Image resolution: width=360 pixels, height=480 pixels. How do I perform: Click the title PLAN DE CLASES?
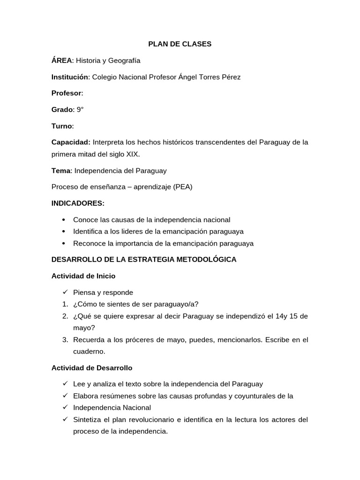click(180, 44)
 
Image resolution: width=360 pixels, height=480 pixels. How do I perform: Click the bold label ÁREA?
click(62, 60)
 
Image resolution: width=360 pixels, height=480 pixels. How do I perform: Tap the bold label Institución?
click(70, 77)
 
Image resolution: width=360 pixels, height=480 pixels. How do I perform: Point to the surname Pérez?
click(229, 77)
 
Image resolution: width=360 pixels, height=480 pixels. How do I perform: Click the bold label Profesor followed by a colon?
click(67, 93)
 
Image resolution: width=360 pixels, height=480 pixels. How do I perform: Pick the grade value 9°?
click(80, 110)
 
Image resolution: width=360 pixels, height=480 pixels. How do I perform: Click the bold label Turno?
click(62, 126)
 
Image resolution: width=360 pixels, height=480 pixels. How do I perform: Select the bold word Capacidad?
click(70, 142)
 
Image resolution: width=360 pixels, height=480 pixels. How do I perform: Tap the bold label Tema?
click(60, 170)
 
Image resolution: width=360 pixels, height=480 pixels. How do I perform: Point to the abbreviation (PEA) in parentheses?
click(183, 187)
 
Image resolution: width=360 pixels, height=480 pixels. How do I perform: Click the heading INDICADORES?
click(78, 203)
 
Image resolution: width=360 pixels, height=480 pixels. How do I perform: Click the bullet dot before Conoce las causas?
click(64, 220)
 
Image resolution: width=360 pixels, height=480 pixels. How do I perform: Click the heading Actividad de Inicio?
click(83, 276)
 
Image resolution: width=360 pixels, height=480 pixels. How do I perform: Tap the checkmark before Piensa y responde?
click(64, 292)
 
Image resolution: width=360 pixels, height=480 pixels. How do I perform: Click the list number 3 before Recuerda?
click(65, 339)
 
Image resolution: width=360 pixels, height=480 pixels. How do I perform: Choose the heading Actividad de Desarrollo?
click(92, 367)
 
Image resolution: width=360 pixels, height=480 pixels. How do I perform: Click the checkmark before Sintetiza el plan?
click(64, 420)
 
